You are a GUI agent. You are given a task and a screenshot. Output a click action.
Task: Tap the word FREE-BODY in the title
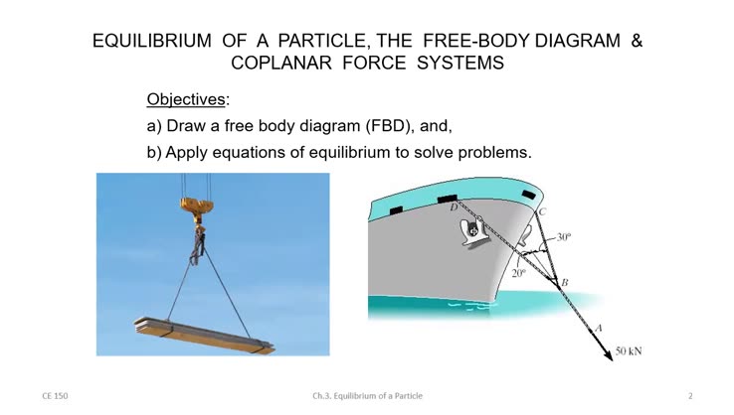coord(476,42)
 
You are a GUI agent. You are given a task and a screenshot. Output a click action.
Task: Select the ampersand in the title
coord(637,42)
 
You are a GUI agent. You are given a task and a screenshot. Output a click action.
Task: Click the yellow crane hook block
coord(196,207)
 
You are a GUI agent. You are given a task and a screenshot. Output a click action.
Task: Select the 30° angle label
coord(563,237)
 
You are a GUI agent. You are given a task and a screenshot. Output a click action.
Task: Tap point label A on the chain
coord(599,326)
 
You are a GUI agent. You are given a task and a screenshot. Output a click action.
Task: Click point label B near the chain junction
coord(565,283)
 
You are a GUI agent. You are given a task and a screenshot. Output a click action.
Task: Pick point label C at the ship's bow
coord(542,211)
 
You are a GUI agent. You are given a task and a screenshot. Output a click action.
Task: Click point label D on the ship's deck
coord(453,207)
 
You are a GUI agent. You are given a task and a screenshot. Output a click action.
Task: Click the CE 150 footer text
coord(55,395)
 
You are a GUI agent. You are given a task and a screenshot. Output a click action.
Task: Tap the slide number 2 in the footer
coord(690,395)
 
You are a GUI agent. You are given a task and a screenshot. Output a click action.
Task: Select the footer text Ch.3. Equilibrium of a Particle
coord(367,395)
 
